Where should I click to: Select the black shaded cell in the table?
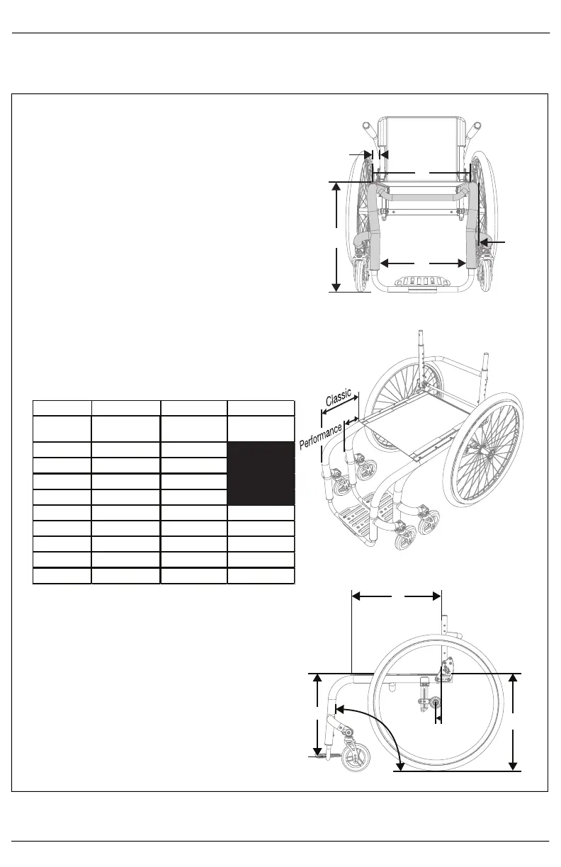261,473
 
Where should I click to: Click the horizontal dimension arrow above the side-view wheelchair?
397,596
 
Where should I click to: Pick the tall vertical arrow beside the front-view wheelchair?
336,237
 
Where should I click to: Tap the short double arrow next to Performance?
348,422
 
